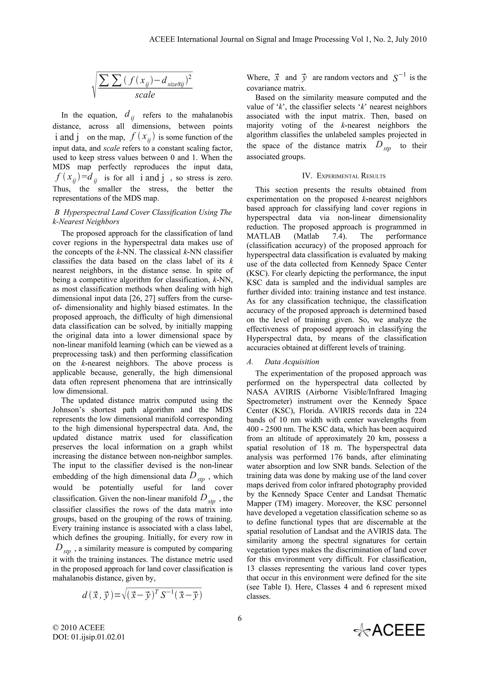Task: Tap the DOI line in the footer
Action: point(89,637)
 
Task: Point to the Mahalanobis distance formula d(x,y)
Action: point(142,595)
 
